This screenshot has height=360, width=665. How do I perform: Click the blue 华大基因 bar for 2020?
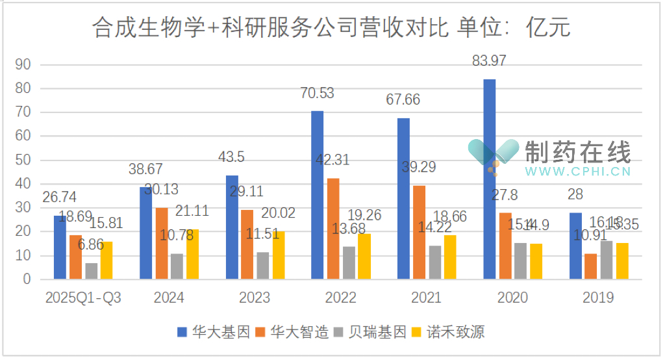[x=490, y=179]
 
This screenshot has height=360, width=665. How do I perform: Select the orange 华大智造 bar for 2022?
[x=333, y=229]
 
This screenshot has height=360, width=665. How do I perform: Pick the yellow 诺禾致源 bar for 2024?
[x=193, y=255]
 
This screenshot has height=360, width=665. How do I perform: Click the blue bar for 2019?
[x=575, y=246]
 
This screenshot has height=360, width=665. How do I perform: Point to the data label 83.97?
[x=490, y=62]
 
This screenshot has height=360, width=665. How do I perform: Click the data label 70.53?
[x=317, y=93]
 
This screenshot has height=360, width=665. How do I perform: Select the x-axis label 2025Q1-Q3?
[x=83, y=298]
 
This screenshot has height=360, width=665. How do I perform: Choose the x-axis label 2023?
[x=255, y=298]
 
